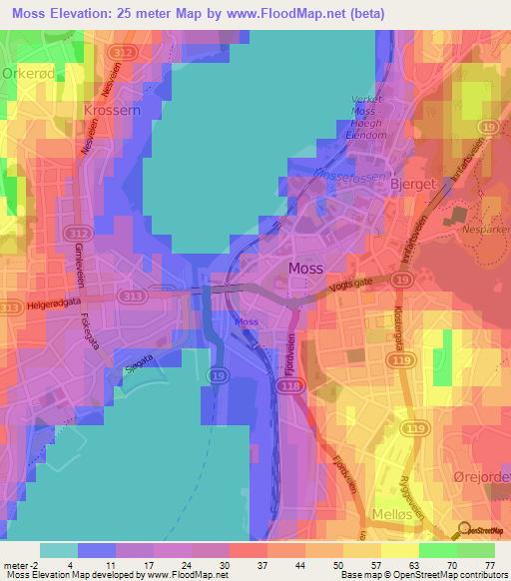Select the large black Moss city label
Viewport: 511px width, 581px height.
(x=305, y=268)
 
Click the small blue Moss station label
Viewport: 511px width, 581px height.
(x=247, y=321)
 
